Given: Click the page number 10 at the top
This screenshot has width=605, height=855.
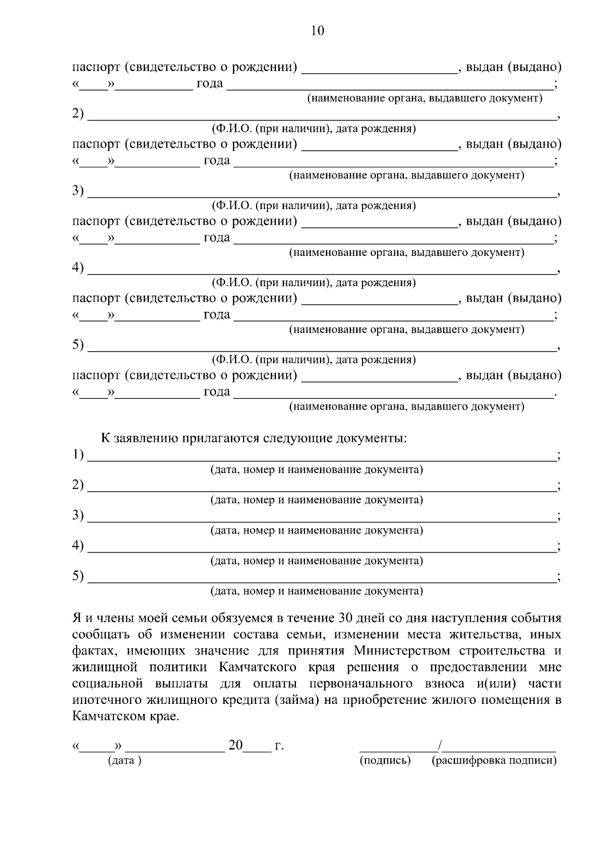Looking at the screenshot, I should click(318, 31).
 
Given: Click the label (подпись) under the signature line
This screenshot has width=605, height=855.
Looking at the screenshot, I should click(385, 760).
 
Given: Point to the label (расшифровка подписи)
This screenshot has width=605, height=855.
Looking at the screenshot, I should click(494, 760).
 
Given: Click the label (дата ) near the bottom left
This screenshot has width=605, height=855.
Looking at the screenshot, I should click(125, 760).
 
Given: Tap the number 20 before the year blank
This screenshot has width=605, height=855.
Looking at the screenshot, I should click(235, 745).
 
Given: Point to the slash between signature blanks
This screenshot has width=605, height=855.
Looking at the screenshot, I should click(440, 745).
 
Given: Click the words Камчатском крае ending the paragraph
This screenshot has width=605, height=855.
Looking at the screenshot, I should click(125, 716).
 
